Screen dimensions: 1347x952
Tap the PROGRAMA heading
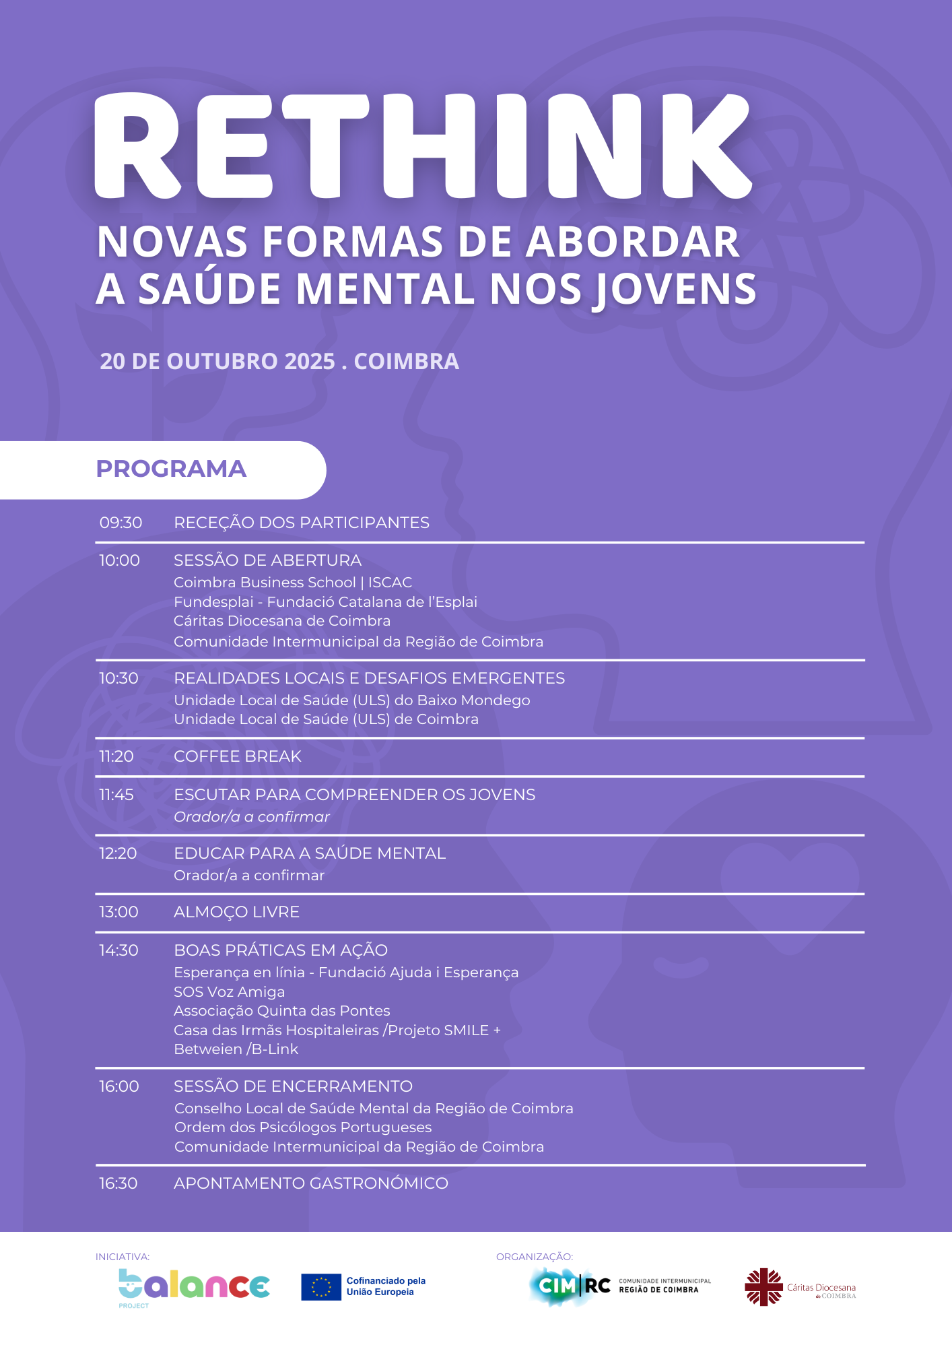(171, 469)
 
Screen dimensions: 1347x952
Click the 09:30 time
(121, 523)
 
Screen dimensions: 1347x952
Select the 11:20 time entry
(116, 756)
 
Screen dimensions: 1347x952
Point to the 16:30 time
(118, 1183)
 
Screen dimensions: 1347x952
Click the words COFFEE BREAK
(238, 756)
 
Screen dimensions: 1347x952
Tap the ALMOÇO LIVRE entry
(236, 912)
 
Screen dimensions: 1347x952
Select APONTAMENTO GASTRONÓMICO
(310, 1183)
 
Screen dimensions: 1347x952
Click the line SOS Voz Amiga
(229, 991)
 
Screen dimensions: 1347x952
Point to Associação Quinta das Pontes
(281, 1010)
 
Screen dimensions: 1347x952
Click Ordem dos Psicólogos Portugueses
(303, 1127)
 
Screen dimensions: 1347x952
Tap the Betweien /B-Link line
(236, 1049)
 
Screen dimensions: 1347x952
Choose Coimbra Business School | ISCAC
(293, 582)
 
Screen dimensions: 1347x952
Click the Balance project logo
(194, 1286)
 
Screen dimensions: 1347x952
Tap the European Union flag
(321, 1286)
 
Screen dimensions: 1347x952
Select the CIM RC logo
(570, 1286)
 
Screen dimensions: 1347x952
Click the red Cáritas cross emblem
(763, 1286)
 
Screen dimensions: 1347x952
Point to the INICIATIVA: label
(123, 1257)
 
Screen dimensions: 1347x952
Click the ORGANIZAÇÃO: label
(535, 1257)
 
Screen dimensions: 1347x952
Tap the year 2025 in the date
(310, 361)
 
